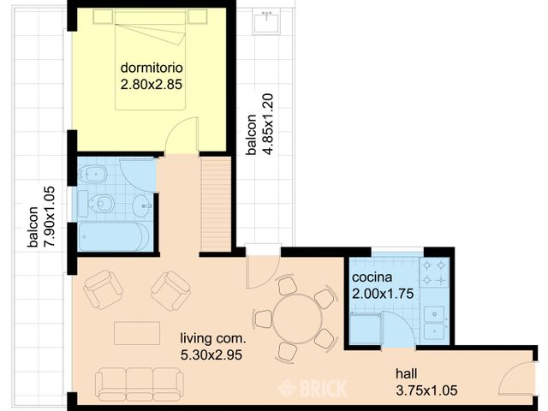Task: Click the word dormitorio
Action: (x=152, y=68)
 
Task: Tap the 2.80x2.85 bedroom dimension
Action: (x=152, y=85)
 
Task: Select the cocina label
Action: (x=372, y=277)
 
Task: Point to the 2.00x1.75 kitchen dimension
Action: (x=383, y=294)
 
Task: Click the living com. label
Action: (x=213, y=338)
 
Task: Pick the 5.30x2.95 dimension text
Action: (x=211, y=355)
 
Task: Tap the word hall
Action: (x=407, y=373)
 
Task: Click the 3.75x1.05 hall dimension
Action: (x=426, y=390)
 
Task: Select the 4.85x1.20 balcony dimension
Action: (x=268, y=124)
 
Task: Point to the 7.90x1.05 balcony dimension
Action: (x=50, y=217)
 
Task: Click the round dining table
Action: (x=297, y=319)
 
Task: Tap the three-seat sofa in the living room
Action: (x=139, y=384)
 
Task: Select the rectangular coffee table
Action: (x=137, y=333)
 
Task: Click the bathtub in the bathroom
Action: (x=114, y=236)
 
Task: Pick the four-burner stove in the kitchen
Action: (x=434, y=272)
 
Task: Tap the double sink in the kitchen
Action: (x=434, y=324)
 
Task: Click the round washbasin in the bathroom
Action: (x=143, y=205)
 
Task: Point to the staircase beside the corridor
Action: (x=216, y=204)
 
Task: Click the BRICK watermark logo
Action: (x=312, y=388)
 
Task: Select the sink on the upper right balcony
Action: (x=266, y=22)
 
